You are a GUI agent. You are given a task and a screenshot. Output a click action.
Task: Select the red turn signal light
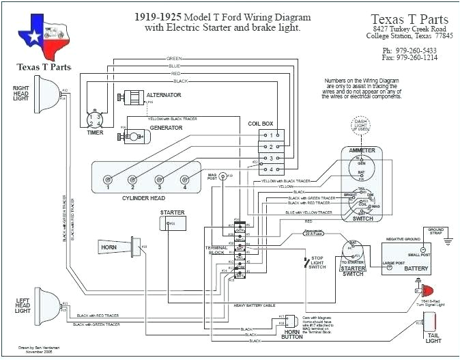coord(426,290)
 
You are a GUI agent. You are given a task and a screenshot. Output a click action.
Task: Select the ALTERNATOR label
coord(163,94)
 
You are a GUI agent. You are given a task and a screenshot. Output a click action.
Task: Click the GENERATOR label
coord(166,127)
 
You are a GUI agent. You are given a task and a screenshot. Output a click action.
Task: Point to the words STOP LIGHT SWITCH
coord(317,262)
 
